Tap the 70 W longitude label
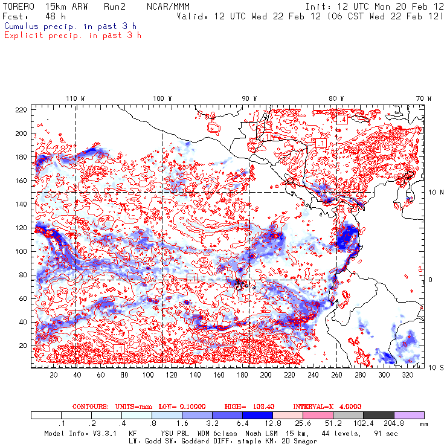(425, 98)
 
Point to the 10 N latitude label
(426, 192)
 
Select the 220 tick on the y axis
(21, 109)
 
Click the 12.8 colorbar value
(272, 424)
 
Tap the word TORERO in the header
(19, 6)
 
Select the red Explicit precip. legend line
(72, 35)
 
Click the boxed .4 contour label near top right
(342, 119)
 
